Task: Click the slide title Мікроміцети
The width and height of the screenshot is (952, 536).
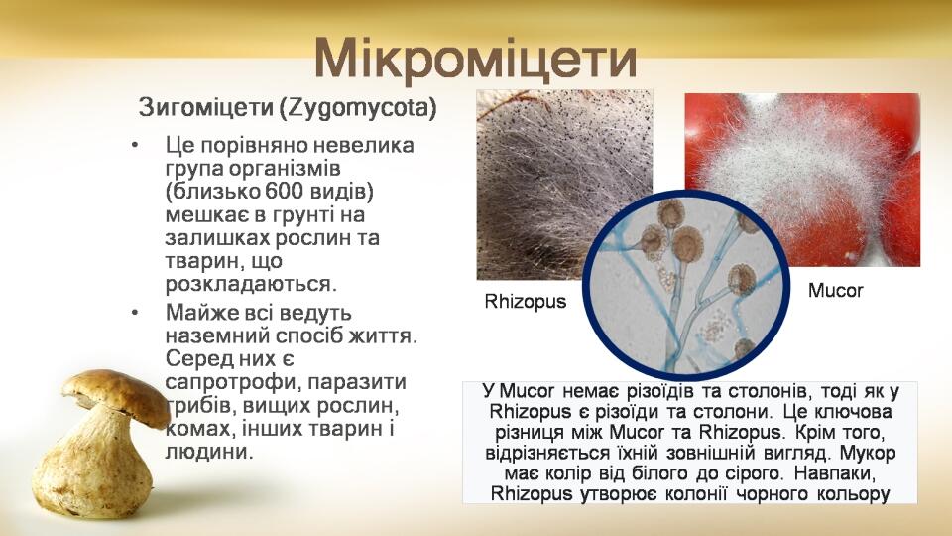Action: point(475,60)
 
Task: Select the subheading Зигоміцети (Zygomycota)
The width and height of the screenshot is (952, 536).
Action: point(288,107)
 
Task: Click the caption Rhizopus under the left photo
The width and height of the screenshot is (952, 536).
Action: point(526,302)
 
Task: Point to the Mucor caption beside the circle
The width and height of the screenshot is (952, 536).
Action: point(835,291)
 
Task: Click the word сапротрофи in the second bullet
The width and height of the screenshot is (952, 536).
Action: point(231,383)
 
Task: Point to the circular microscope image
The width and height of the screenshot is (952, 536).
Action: point(686,286)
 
